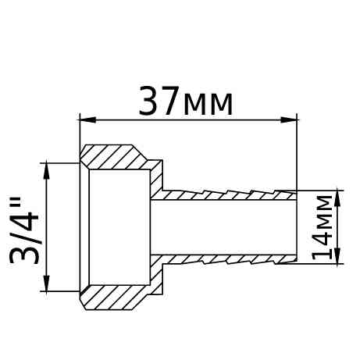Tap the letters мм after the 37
(x=207, y=105)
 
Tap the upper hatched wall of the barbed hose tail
(x=226, y=194)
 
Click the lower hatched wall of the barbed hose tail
(x=226, y=258)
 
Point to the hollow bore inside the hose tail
(x=226, y=226)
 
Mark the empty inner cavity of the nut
(x=117, y=226)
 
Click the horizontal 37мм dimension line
(x=187, y=119)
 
